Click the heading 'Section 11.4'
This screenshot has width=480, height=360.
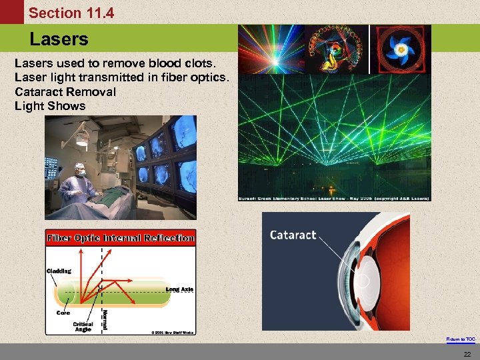pyautogui.click(x=71, y=13)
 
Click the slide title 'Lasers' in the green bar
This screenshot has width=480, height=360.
pyautogui.click(x=59, y=39)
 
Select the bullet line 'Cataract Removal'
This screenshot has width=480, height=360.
pyautogui.click(x=65, y=91)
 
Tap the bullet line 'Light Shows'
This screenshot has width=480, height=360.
pyautogui.click(x=50, y=105)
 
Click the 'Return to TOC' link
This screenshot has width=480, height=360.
pyautogui.click(x=461, y=339)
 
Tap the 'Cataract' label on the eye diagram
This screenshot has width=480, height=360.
pyautogui.click(x=293, y=235)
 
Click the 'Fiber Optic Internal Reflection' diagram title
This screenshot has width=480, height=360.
pyautogui.click(x=121, y=238)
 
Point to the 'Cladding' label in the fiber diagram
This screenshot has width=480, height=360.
pyautogui.click(x=59, y=271)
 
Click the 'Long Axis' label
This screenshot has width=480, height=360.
pyautogui.click(x=179, y=289)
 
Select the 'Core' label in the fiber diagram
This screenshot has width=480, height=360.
pyautogui.click(x=63, y=312)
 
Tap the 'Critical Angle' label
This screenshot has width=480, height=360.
pyautogui.click(x=83, y=326)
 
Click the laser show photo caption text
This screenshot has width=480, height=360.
pyautogui.click(x=334, y=198)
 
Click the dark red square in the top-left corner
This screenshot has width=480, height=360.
pyautogui.click(x=11, y=12)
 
